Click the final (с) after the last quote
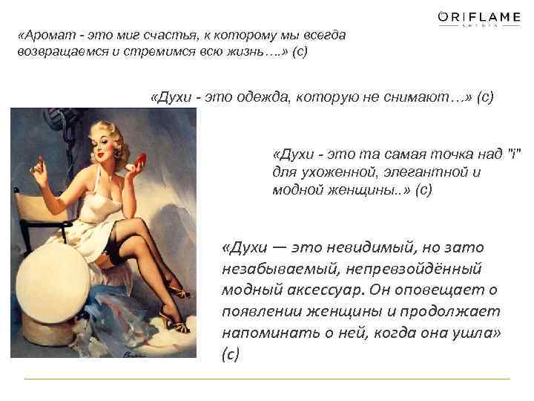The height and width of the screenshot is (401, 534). [x=231, y=354]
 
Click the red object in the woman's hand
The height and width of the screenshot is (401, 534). [x=139, y=154]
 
